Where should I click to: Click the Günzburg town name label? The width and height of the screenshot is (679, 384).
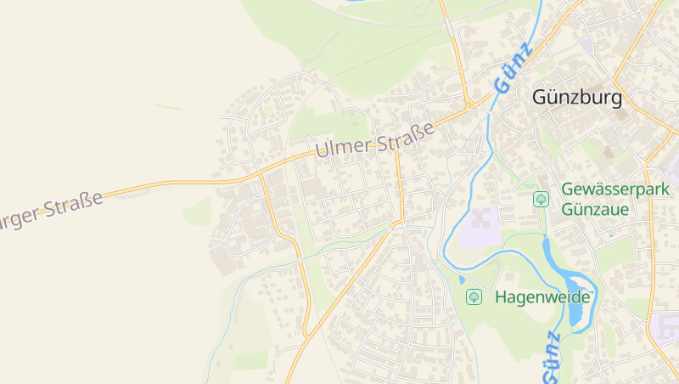tap(576, 98)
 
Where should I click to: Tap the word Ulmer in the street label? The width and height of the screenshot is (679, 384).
tap(344, 145)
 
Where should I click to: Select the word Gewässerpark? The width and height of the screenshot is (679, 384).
tap(615, 189)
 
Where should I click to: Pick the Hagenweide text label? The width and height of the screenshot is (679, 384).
tap(542, 297)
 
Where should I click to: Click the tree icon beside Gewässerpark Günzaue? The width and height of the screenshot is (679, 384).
tap(541, 199)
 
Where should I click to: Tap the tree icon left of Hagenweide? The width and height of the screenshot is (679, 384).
tap(474, 296)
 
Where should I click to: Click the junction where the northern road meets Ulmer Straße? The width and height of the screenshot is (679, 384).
tap(468, 107)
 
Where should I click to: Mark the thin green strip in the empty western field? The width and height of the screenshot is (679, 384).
tap(167, 107)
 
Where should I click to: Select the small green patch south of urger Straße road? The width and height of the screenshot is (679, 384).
tap(196, 212)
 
